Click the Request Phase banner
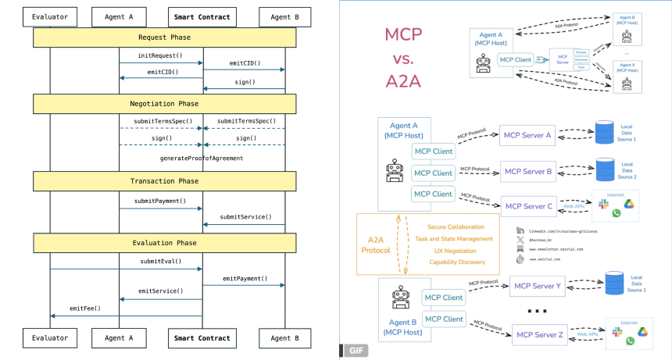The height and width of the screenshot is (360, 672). pyautogui.click(x=164, y=37)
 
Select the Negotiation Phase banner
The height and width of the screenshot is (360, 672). pyautogui.click(x=164, y=103)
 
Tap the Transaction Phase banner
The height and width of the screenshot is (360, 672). pyautogui.click(x=164, y=181)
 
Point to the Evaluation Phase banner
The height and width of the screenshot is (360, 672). pyautogui.click(x=164, y=243)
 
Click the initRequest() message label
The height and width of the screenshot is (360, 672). pyautogui.click(x=159, y=56)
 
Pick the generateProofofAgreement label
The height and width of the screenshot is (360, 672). pyautogui.click(x=202, y=158)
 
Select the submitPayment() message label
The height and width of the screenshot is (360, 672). pyautogui.click(x=160, y=201)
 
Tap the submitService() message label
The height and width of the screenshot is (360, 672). pyautogui.click(x=245, y=216)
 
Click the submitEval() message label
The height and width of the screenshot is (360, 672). pyautogui.click(x=160, y=262)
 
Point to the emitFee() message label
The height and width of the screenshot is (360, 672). pyautogui.click(x=85, y=308)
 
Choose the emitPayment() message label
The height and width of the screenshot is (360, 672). pyautogui.click(x=245, y=278)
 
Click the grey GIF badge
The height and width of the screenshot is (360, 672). pyautogui.click(x=356, y=351)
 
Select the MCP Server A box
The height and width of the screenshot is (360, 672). pyautogui.click(x=527, y=136)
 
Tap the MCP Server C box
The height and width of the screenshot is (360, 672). pyautogui.click(x=529, y=206)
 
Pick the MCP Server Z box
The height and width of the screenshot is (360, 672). pyautogui.click(x=539, y=335)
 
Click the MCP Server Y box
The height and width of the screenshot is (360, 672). pyautogui.click(x=538, y=286)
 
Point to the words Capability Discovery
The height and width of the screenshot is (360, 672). pyautogui.click(x=456, y=262)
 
